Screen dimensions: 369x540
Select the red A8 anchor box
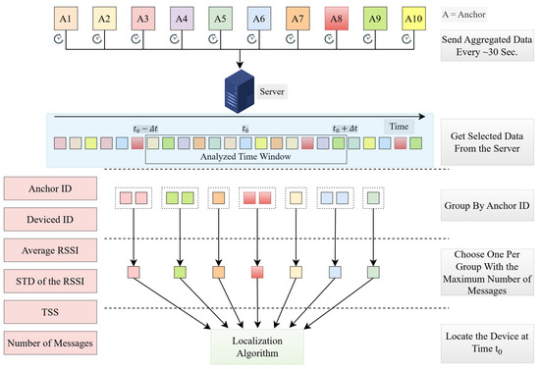(336, 19)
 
